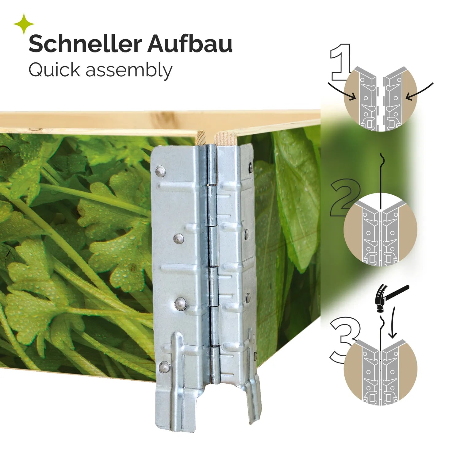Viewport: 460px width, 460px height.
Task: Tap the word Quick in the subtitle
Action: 54,70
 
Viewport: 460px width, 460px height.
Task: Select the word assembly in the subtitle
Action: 129,71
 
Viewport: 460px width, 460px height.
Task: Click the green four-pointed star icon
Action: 24,24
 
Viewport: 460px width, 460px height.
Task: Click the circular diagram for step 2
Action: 380,230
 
